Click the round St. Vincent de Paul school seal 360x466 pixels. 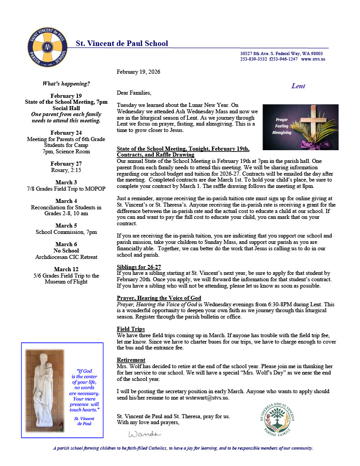pos(47,47)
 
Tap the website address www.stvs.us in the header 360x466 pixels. pos(313,59)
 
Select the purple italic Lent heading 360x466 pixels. pos(298,86)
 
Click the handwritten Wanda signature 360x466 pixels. pos(144,432)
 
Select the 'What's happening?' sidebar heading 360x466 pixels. pos(66,84)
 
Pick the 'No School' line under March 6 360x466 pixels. pos(66,251)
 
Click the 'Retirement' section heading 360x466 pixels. pos(131,360)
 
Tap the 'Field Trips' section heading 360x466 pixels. pos(131,329)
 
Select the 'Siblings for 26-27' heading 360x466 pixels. pos(139,267)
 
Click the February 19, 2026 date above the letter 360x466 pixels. pos(138,72)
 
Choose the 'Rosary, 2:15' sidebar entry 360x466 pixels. pos(66,170)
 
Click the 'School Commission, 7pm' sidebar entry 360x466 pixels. pos(66,232)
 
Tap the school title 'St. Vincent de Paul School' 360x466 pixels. pos(122,44)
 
